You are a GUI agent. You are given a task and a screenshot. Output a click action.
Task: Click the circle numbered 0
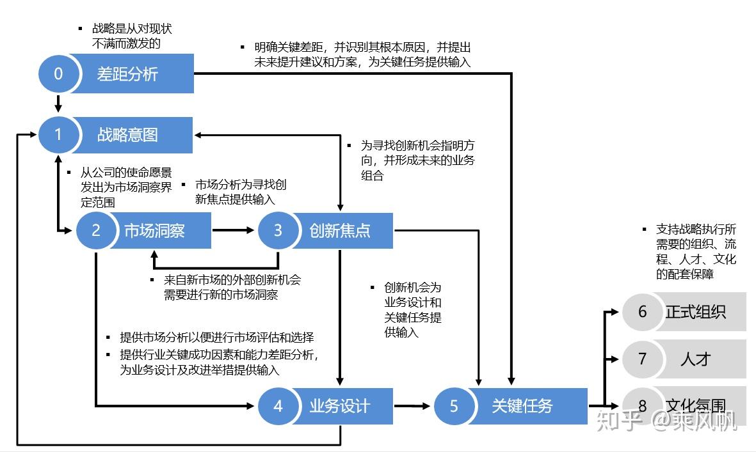58,74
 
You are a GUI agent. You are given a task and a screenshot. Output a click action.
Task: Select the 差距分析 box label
127,74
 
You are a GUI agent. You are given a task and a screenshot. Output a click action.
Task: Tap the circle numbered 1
58,135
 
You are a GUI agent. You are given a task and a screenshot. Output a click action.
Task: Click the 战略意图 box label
127,135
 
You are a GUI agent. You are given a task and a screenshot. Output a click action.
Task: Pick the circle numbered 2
96,230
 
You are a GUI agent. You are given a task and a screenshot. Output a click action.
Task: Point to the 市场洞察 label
154,230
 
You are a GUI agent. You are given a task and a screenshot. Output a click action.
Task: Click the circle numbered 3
278,230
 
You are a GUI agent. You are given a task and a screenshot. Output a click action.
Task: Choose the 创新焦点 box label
339,230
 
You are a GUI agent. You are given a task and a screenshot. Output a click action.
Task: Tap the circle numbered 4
278,405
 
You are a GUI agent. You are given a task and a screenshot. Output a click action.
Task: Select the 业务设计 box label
339,405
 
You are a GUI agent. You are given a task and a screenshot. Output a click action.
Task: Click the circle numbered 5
454,405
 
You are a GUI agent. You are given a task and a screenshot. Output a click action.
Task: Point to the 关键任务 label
522,405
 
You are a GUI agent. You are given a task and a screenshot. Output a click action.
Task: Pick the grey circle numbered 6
642,311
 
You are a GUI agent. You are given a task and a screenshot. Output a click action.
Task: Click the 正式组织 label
695,311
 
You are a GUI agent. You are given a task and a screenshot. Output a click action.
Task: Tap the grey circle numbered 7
642,359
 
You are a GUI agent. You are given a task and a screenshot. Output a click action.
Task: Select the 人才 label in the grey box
695,359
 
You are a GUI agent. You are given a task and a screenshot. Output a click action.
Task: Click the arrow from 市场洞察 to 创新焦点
233,230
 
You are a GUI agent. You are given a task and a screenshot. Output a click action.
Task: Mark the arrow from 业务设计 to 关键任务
412,405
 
